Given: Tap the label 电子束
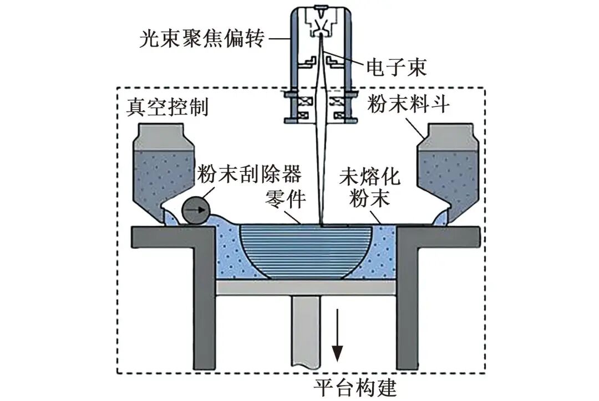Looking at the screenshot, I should [396, 68].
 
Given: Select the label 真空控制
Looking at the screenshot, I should [167, 106].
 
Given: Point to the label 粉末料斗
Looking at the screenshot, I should [407, 104].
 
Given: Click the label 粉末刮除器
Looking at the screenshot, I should [249, 174].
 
